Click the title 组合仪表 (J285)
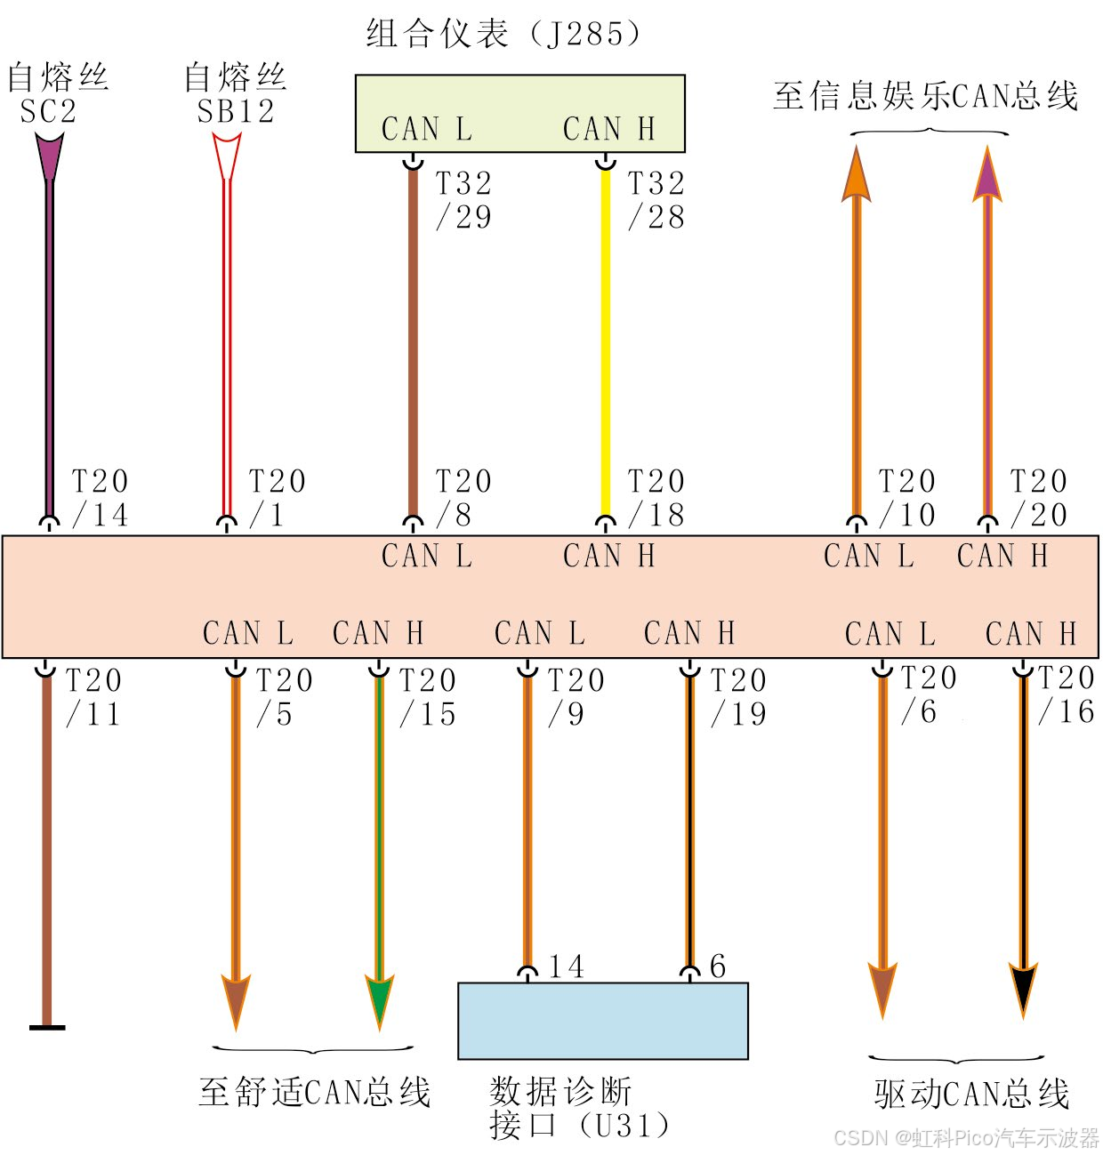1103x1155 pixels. click(x=503, y=35)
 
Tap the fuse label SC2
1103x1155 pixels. click(x=49, y=112)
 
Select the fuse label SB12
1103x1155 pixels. click(x=236, y=112)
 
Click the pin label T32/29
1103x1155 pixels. click(x=463, y=200)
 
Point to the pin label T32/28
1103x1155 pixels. click(x=656, y=200)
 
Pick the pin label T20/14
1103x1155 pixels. click(x=100, y=498)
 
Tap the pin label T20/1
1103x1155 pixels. click(x=276, y=498)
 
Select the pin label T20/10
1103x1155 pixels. click(x=906, y=498)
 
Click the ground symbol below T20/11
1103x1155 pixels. click(x=47, y=1027)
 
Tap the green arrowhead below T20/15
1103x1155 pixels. click(x=380, y=999)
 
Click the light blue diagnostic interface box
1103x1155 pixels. click(x=602, y=1021)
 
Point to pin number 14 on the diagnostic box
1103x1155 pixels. click(x=567, y=967)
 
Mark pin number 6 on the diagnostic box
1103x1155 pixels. click(x=718, y=967)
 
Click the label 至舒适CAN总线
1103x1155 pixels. click(x=315, y=1092)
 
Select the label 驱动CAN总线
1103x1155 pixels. click(x=971, y=1095)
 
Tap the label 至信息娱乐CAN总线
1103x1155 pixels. click(x=925, y=96)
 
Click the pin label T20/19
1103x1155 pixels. click(x=738, y=697)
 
